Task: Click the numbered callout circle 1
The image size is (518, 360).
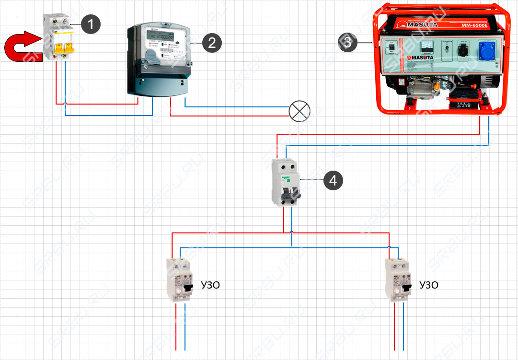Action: click(x=91, y=23)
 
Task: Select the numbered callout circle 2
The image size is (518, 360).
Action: click(x=212, y=43)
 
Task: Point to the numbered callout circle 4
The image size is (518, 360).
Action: click(x=333, y=180)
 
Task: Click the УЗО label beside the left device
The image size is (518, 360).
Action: click(x=209, y=285)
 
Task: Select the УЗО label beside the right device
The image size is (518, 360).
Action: click(x=428, y=285)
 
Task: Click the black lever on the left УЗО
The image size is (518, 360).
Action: click(x=189, y=289)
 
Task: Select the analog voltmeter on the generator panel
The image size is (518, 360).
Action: click(x=426, y=47)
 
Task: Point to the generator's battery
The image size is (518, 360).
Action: click(x=462, y=102)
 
